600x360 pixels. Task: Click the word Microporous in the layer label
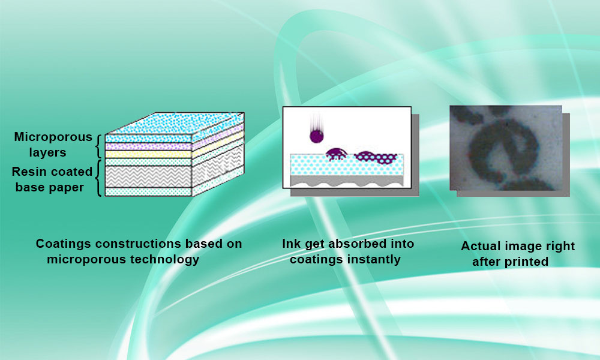[x=53, y=137]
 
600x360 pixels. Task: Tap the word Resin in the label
[x=28, y=172]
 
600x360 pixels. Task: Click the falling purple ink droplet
[x=316, y=136]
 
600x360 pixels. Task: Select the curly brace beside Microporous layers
[x=98, y=146]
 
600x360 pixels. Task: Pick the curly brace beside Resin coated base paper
[x=98, y=178]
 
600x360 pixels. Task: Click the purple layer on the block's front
[x=148, y=146]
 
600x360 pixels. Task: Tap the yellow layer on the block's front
[x=148, y=154]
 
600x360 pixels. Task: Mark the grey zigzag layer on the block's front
[x=148, y=176]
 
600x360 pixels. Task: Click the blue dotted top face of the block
[x=175, y=123]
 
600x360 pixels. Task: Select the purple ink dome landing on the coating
[x=336, y=154]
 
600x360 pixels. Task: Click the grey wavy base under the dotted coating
[x=347, y=181]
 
